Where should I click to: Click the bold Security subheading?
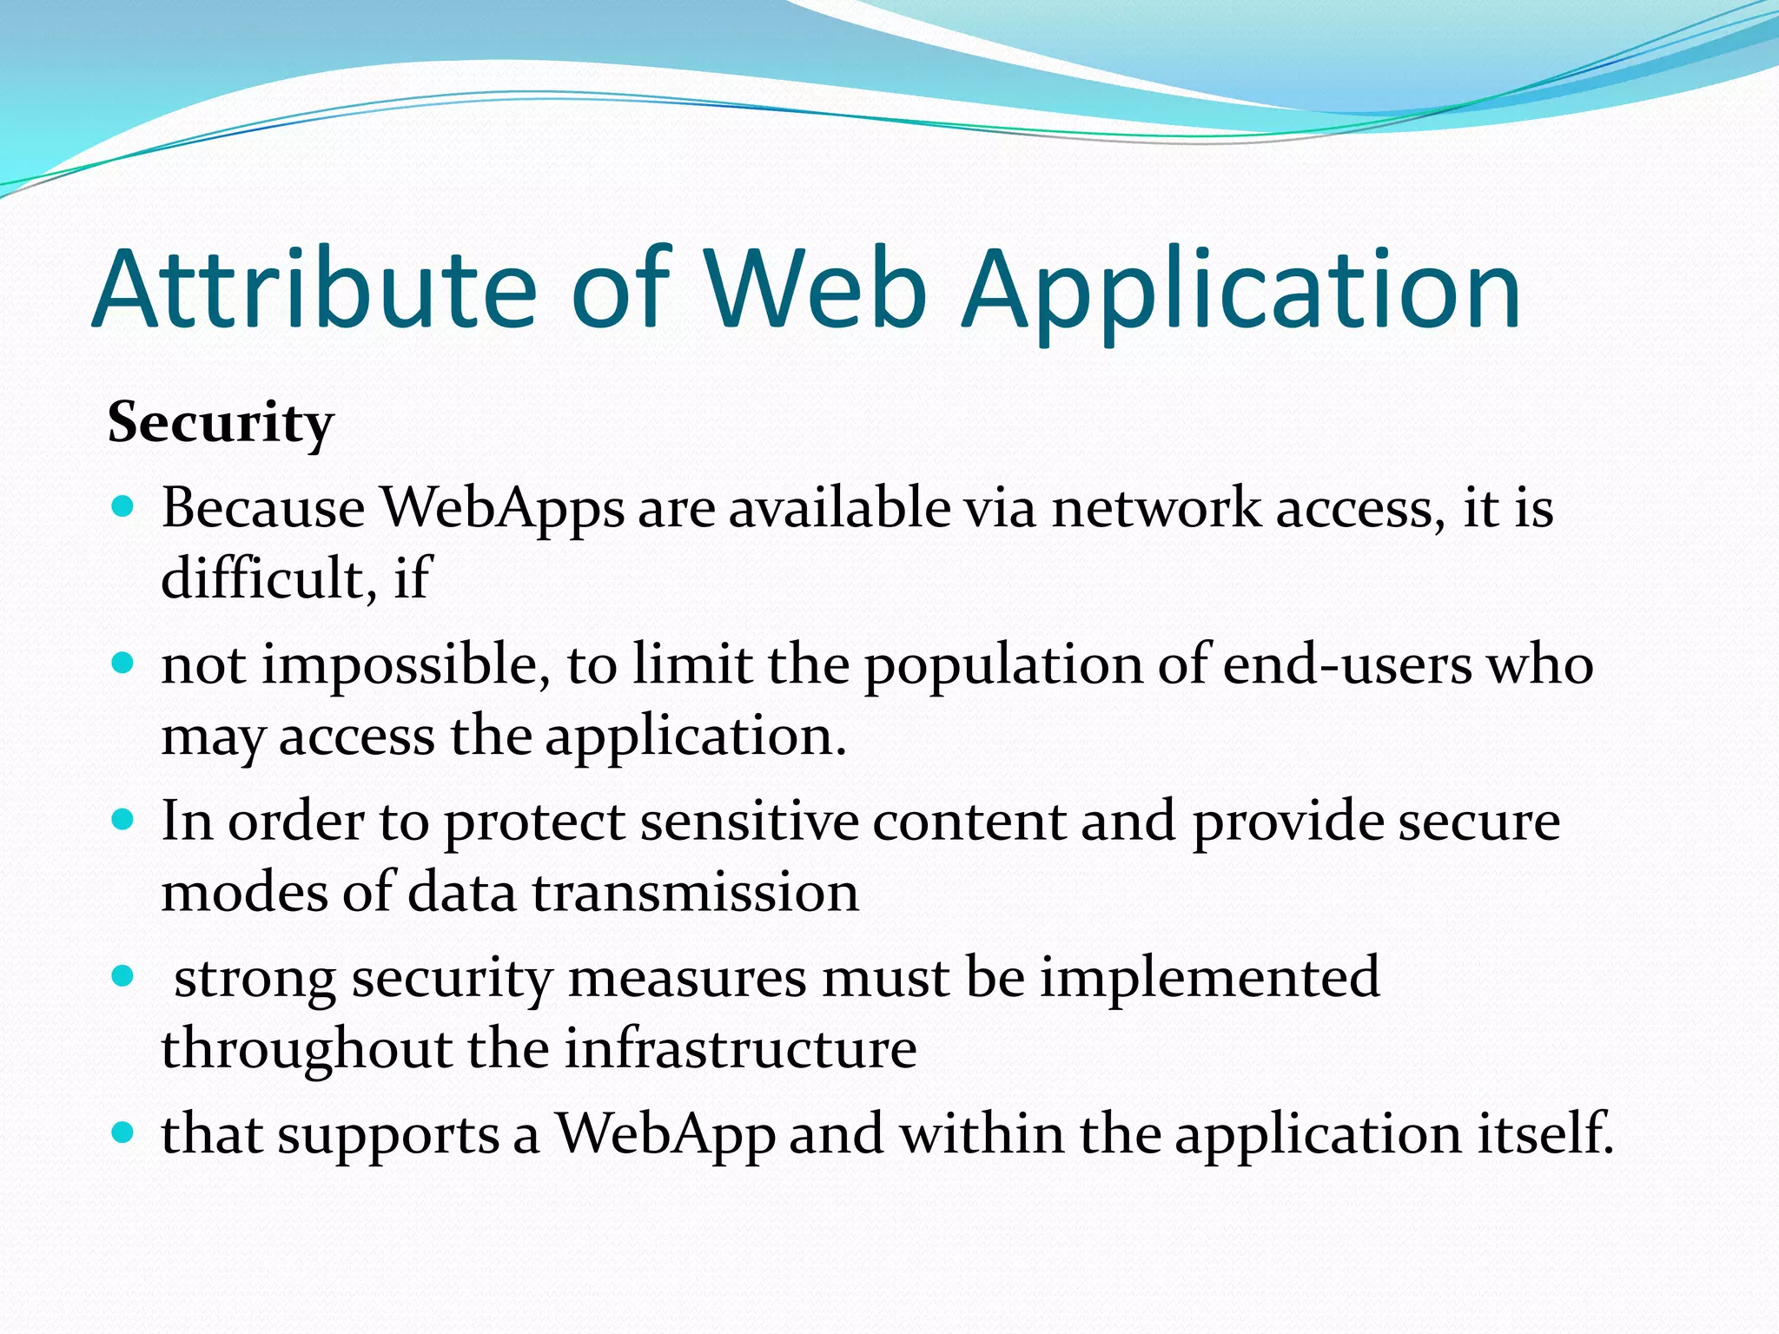[x=221, y=425]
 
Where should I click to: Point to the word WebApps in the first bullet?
[x=503, y=509]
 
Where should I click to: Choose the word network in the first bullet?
[x=1156, y=507]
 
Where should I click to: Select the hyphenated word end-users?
[x=1347, y=665]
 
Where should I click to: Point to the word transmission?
[x=696, y=893]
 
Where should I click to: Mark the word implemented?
[x=1209, y=980]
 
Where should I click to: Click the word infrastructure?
[x=740, y=1048]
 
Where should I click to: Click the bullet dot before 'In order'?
[x=123, y=820]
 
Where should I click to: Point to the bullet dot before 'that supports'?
[x=123, y=1133]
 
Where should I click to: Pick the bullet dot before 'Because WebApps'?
[x=123, y=506]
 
